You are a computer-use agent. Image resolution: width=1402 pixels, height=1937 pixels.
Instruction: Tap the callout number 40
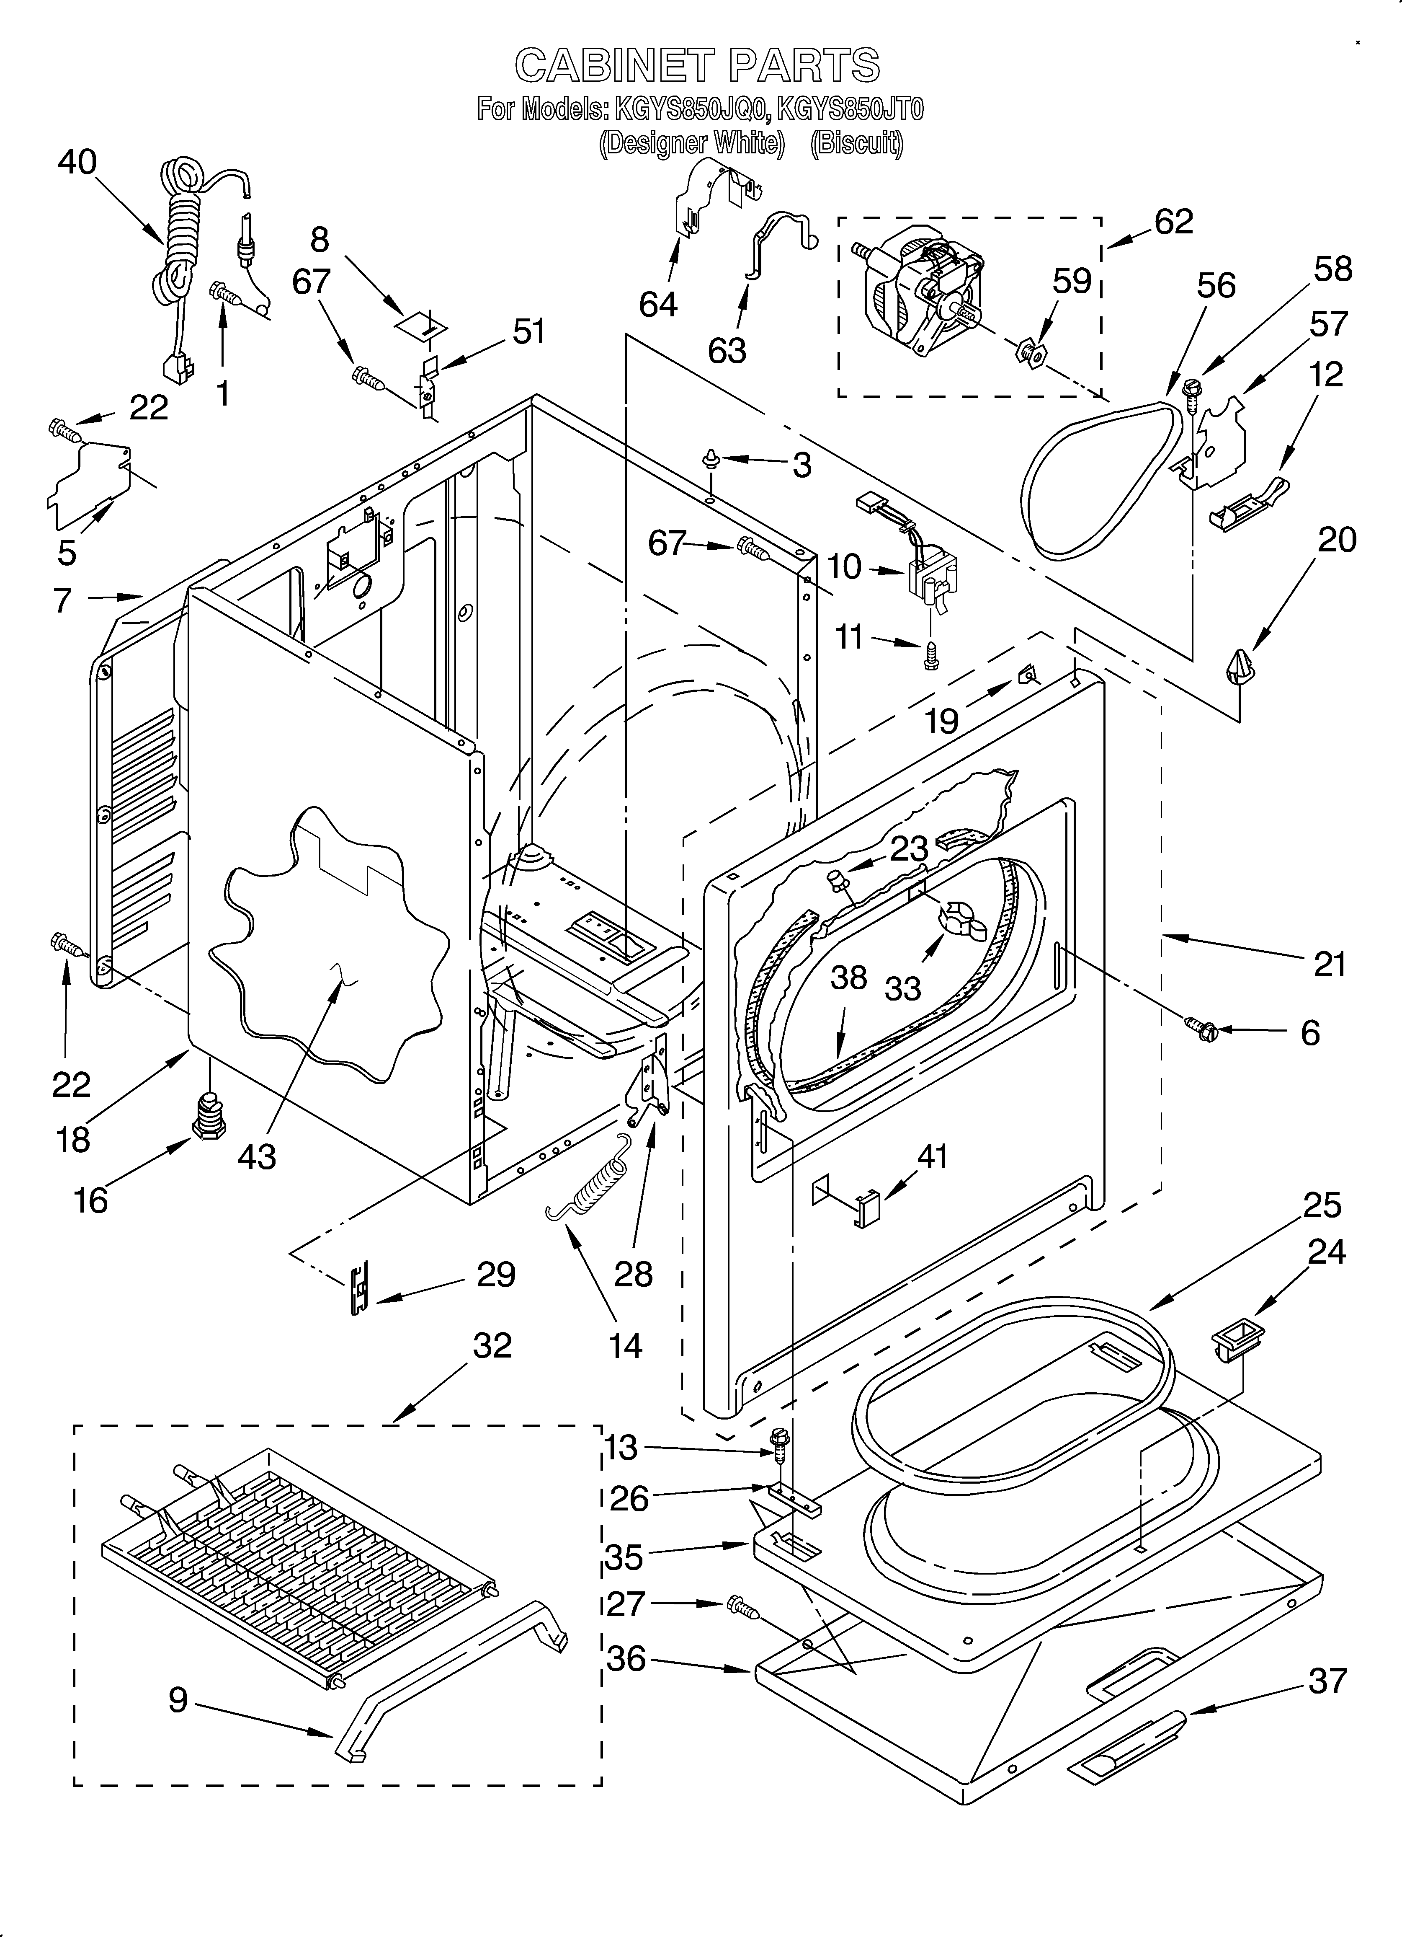[77, 162]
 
